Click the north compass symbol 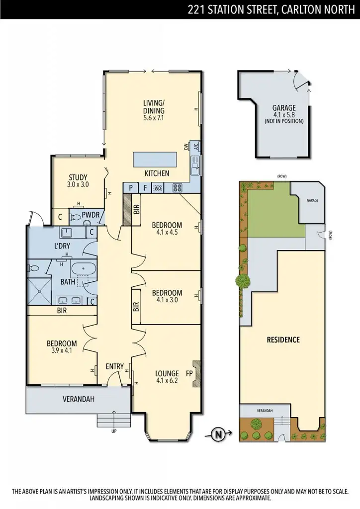coord(217,434)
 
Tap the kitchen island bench coord(155,160)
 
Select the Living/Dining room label coord(154,111)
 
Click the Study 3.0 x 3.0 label coord(78,180)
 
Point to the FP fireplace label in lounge coord(189,373)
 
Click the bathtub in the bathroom coord(84,269)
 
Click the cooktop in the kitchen coord(178,188)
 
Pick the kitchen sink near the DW coord(195,163)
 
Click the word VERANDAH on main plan coord(78,399)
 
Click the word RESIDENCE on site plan coord(283,340)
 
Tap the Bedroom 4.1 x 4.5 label coord(167,228)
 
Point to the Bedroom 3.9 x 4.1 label coord(62,347)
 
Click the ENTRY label coord(114,367)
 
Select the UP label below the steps coord(114,431)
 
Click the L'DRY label coord(64,247)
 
